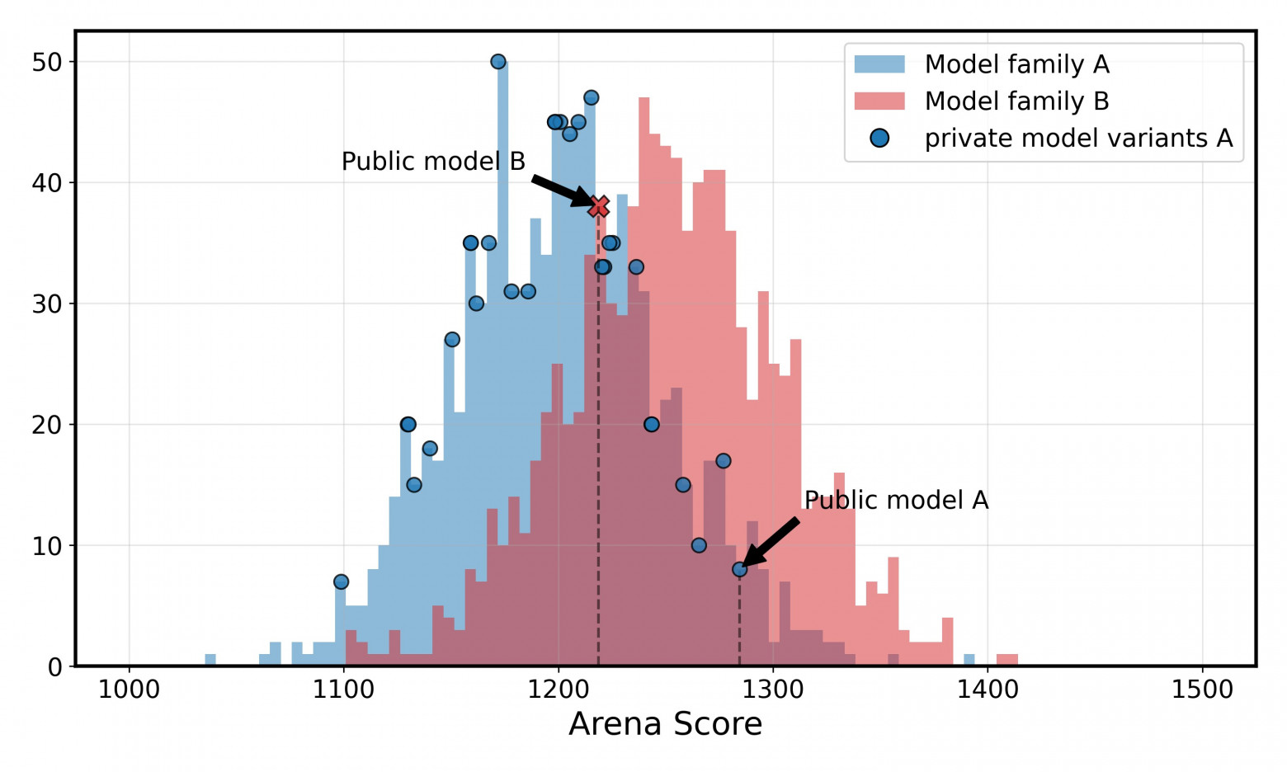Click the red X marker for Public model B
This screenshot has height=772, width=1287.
pyautogui.click(x=599, y=205)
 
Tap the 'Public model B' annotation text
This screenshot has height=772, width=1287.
pyautogui.click(x=433, y=162)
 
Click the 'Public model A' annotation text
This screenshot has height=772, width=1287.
pyautogui.click(x=896, y=501)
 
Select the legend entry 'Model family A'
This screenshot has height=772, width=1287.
pyautogui.click(x=1016, y=64)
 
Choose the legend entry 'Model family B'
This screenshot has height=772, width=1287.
pyautogui.click(x=1016, y=101)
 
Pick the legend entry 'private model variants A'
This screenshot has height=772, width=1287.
pyautogui.click(x=1078, y=139)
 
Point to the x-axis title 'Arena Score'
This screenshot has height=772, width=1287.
pyautogui.click(x=665, y=724)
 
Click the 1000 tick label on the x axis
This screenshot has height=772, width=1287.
pyautogui.click(x=129, y=690)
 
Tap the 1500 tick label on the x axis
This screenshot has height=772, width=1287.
pyautogui.click(x=1202, y=690)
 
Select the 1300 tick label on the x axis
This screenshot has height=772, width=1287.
pyautogui.click(x=773, y=690)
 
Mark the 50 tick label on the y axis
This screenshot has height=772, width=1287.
pyautogui.click(x=47, y=62)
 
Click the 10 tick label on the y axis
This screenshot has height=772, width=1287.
pyautogui.click(x=47, y=546)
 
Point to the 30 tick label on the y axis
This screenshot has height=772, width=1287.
pyautogui.click(x=47, y=304)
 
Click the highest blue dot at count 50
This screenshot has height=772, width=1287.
pyautogui.click(x=498, y=62)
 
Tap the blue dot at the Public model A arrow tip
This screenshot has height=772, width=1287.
pyautogui.click(x=739, y=569)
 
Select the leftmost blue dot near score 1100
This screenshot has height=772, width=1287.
pyautogui.click(x=341, y=581)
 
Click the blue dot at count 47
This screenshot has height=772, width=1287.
pyautogui.click(x=591, y=98)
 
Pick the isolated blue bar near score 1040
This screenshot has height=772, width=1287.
pyautogui.click(x=210, y=660)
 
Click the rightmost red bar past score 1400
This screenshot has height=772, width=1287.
pyautogui.click(x=1007, y=660)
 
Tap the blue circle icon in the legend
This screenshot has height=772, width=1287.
pyautogui.click(x=879, y=139)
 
